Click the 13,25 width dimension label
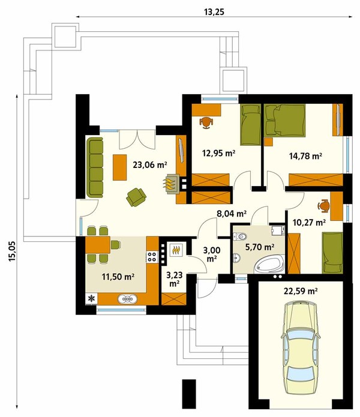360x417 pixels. click(214, 12)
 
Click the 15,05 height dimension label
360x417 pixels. click(13, 251)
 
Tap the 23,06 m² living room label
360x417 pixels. click(149, 165)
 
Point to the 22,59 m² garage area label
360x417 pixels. click(301, 291)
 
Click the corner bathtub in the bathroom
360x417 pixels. click(269, 264)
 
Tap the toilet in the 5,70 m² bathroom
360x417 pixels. click(240, 236)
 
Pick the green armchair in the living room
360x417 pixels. click(136, 197)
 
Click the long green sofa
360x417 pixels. click(95, 167)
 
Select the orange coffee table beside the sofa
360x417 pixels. click(119, 167)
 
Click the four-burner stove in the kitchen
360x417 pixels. click(152, 257)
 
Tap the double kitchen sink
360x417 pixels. click(128, 299)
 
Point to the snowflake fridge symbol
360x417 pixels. click(91, 298)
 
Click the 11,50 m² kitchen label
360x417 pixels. click(118, 277)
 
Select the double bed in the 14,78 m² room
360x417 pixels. click(285, 121)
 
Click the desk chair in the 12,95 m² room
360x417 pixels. click(206, 123)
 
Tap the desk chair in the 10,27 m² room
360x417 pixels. click(323, 206)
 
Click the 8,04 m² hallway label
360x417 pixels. click(232, 213)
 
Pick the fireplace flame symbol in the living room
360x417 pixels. click(169, 183)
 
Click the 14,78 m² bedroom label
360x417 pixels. click(305, 156)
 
